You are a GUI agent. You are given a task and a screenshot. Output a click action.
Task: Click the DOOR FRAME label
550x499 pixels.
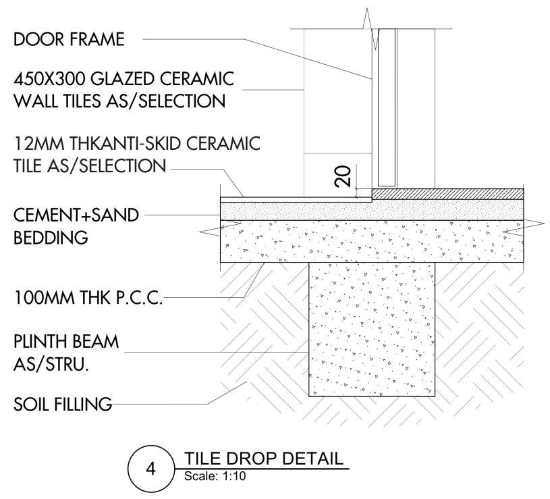click(69, 40)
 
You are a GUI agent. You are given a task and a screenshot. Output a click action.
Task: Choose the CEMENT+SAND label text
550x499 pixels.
click(76, 215)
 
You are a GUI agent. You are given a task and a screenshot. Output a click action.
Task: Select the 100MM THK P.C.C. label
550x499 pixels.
click(88, 299)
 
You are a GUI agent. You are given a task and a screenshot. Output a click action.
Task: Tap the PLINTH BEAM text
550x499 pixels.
click(66, 342)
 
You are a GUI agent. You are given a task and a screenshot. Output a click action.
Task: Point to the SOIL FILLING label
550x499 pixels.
click(63, 405)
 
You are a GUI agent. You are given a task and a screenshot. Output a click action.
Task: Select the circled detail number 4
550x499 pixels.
click(152, 466)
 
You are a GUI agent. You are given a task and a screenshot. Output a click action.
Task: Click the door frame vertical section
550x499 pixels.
click(387, 108)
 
